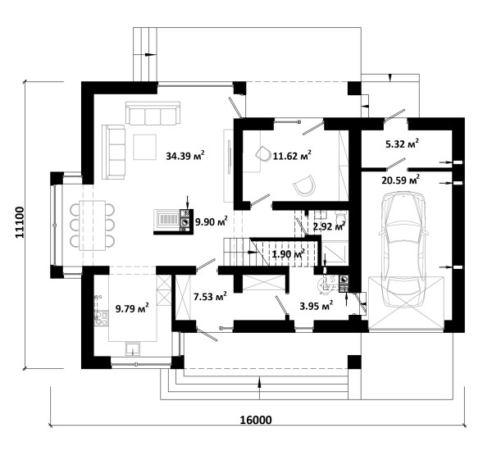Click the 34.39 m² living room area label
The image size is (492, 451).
tap(185, 155)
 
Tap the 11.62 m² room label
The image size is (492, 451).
tap(292, 155)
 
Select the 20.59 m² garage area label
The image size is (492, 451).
tap(401, 180)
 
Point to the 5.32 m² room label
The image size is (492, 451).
tap(402, 143)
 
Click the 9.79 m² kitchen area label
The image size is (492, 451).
tap(132, 308)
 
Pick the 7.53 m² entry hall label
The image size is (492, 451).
tap(210, 296)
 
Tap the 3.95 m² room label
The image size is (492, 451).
tap(316, 306)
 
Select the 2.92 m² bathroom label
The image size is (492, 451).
tap(330, 225)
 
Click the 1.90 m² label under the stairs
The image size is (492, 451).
tap(289, 253)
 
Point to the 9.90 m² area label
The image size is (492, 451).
tap(212, 221)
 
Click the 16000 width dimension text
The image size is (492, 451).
tap(256, 420)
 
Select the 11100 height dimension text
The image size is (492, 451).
tap(19, 222)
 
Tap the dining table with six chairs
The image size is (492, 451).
tap(92, 225)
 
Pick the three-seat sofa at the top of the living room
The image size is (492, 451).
tap(153, 112)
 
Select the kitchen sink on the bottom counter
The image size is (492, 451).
tap(133, 348)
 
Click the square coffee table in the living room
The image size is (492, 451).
tap(144, 147)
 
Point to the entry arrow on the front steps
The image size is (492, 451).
tap(259, 388)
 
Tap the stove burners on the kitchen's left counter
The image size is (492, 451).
tap(101, 317)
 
